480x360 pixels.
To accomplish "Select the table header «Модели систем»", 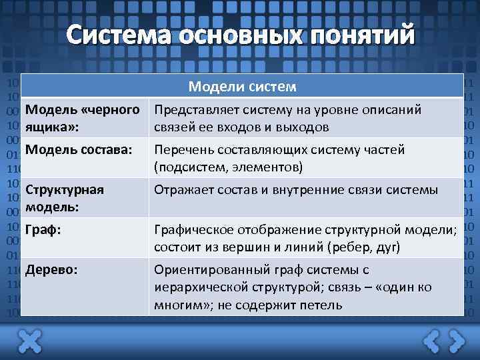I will click(242, 87).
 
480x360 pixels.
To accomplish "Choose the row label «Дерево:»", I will click(51, 270).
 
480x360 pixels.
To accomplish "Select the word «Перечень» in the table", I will click(181, 150).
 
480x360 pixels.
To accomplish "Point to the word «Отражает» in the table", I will click(181, 190).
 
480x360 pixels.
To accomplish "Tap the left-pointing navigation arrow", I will click(431, 341).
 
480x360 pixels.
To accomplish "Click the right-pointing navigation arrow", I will click(457, 341).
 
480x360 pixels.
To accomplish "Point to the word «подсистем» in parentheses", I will click(189, 167).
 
